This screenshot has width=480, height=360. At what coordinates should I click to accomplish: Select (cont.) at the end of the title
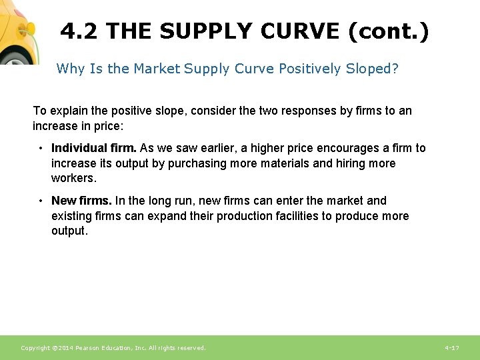(388, 31)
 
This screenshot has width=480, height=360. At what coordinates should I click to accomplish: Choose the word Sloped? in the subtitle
(372, 69)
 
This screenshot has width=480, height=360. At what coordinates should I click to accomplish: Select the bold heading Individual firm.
(93, 148)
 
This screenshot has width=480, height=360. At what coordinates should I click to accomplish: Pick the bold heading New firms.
(81, 201)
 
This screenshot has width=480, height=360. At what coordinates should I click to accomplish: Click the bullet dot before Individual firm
(41, 148)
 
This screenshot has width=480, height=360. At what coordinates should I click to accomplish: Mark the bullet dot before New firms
(41, 201)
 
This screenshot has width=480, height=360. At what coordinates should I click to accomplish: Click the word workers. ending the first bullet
(73, 178)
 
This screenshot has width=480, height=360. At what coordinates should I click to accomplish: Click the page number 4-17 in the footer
(451, 348)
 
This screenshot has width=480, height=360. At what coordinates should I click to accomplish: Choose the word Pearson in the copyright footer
(89, 348)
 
